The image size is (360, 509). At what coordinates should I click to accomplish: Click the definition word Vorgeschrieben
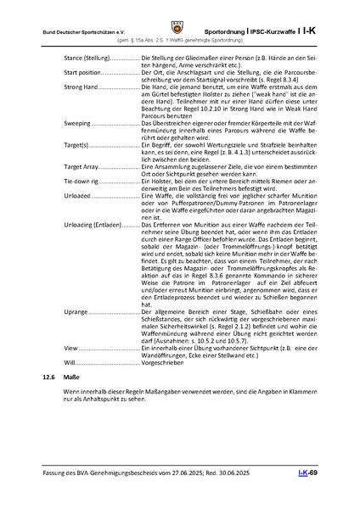166,363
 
